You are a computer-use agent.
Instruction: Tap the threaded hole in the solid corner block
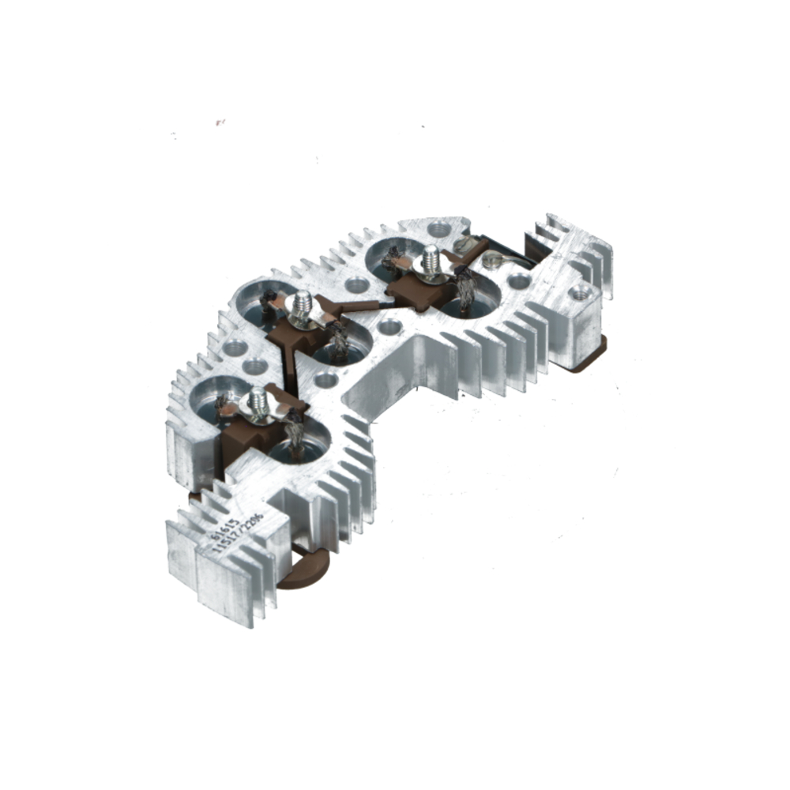581,292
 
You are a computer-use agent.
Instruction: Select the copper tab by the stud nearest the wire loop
403,261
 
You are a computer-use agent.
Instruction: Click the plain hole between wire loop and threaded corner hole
518,280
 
